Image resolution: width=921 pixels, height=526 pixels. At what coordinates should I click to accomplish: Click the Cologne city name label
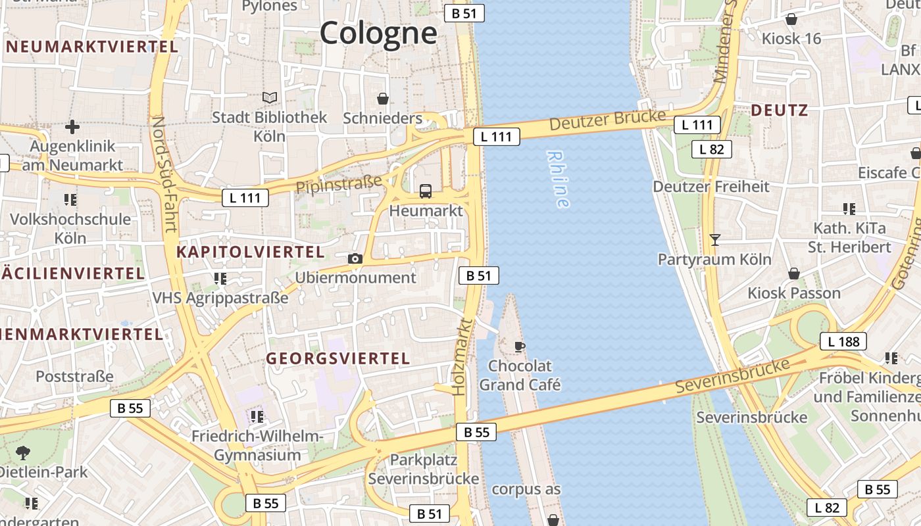point(378,33)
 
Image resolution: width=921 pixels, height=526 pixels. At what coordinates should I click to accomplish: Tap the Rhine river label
point(558,179)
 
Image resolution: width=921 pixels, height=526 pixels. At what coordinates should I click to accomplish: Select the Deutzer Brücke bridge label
point(607,120)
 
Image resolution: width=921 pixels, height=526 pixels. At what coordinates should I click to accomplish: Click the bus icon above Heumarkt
point(426,191)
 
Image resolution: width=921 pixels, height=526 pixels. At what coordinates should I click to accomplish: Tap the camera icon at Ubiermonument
point(355,258)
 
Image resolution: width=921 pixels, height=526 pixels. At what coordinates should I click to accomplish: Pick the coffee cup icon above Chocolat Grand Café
point(520,346)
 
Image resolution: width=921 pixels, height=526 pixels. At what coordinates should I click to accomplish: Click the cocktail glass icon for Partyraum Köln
point(715,240)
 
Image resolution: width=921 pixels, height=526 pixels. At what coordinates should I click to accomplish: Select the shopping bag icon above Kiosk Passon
point(794,274)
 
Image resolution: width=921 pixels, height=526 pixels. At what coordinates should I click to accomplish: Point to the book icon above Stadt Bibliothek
point(270,98)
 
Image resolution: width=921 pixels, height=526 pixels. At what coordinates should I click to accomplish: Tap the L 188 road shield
point(843,341)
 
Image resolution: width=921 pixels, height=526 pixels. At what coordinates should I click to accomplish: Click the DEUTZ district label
point(779,110)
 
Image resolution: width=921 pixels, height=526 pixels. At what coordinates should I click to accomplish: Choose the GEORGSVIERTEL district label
point(337,358)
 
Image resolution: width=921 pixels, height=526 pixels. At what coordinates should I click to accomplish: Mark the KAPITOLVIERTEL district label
point(251,252)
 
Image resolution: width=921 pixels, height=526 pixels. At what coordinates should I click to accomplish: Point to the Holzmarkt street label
point(462,356)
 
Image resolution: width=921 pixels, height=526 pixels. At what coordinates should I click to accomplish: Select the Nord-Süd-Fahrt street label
point(164,174)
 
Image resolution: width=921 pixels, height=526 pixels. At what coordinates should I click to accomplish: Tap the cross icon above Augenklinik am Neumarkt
point(72,126)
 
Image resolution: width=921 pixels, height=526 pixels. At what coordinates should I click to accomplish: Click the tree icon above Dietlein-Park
point(23,452)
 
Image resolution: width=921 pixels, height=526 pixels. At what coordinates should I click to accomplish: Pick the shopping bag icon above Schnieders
point(383,99)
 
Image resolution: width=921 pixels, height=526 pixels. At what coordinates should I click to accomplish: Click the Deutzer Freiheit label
point(710,187)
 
